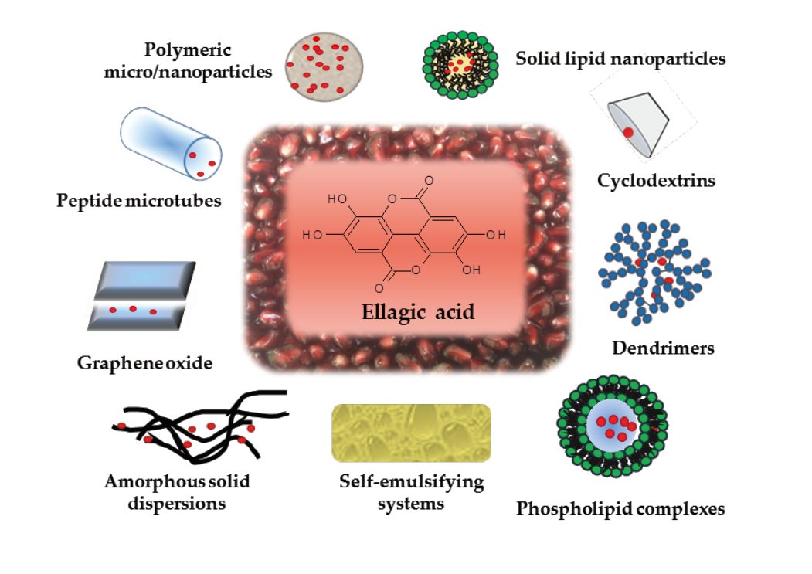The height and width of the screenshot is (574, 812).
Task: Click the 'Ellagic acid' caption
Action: [418, 312]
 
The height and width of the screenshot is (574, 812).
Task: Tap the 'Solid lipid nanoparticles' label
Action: [620, 59]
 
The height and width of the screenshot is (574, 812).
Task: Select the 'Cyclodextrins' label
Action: [656, 181]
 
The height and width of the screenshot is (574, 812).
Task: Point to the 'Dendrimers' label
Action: [663, 348]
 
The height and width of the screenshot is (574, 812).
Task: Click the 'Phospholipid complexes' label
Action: [620, 509]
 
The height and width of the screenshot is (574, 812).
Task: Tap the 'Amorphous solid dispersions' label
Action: [177, 492]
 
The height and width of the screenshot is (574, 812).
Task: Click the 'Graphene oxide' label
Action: [144, 362]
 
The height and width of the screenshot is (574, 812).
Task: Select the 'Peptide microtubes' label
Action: [139, 201]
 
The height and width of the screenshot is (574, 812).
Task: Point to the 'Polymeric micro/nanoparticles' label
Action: [209, 61]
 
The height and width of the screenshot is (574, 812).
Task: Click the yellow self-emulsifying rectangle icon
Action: [411, 433]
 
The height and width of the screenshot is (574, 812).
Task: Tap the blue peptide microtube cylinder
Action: [170, 142]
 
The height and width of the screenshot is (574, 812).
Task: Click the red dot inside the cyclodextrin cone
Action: [629, 132]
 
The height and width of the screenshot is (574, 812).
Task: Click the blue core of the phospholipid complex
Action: [613, 426]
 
